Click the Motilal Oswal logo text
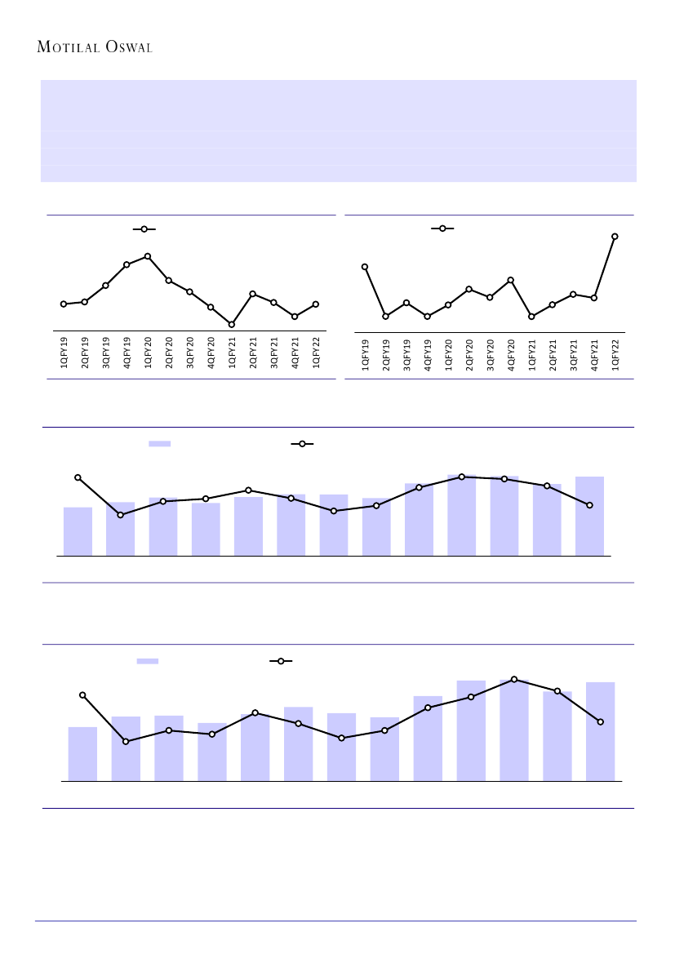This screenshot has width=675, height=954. tap(95, 47)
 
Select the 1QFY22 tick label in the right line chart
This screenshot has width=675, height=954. tap(615, 355)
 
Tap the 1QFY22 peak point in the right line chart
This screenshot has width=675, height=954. tap(615, 237)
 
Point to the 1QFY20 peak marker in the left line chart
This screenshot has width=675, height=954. tap(148, 256)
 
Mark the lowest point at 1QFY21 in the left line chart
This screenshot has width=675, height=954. tap(232, 325)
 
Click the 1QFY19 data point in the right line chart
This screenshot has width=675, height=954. tap(365, 267)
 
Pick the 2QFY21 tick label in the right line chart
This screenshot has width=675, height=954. tap(553, 355)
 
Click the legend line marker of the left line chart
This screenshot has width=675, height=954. tap(144, 230)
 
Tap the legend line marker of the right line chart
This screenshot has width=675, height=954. tap(442, 229)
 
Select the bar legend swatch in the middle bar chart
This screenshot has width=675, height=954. tap(159, 444)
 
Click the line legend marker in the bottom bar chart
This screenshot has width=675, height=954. tap(281, 661)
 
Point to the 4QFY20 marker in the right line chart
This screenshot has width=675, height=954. tap(511, 280)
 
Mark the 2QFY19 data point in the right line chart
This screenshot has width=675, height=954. tap(385, 316)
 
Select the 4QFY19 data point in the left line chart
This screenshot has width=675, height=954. tap(127, 265)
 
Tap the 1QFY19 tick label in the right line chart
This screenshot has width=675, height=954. tap(366, 355)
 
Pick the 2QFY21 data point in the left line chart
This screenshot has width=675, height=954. tap(253, 294)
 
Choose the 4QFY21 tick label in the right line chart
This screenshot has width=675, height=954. tap(594, 355)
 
